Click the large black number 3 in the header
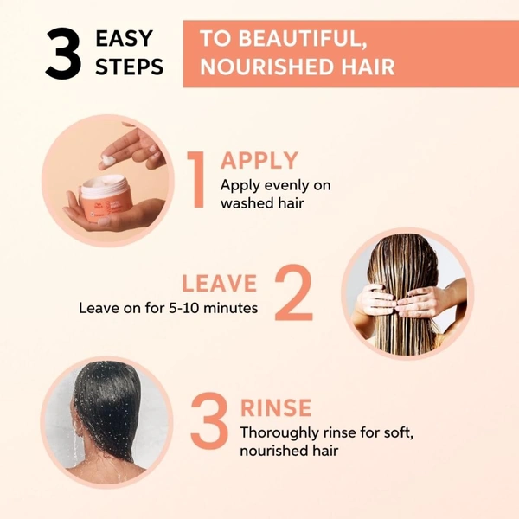(x=64, y=54)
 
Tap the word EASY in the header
(x=124, y=39)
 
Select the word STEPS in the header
(x=129, y=67)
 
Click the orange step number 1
(x=199, y=180)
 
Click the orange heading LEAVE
(x=219, y=283)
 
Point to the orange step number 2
(x=293, y=294)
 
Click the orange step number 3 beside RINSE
(x=208, y=424)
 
